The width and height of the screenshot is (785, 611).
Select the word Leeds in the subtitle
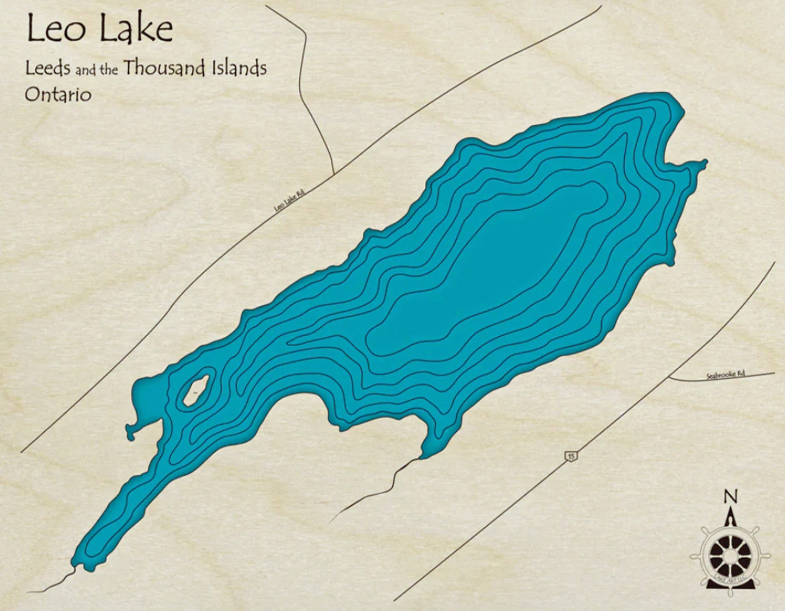click(x=48, y=69)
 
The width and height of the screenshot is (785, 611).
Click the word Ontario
click(x=58, y=95)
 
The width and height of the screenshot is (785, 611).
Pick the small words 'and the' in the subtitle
click(x=97, y=70)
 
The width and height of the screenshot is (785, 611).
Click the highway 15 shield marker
click(x=570, y=456)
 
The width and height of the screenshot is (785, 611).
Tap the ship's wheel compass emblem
click(x=730, y=557)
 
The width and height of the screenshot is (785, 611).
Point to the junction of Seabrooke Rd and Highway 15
click(x=669, y=376)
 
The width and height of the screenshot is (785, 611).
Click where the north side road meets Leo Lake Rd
click(x=332, y=174)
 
